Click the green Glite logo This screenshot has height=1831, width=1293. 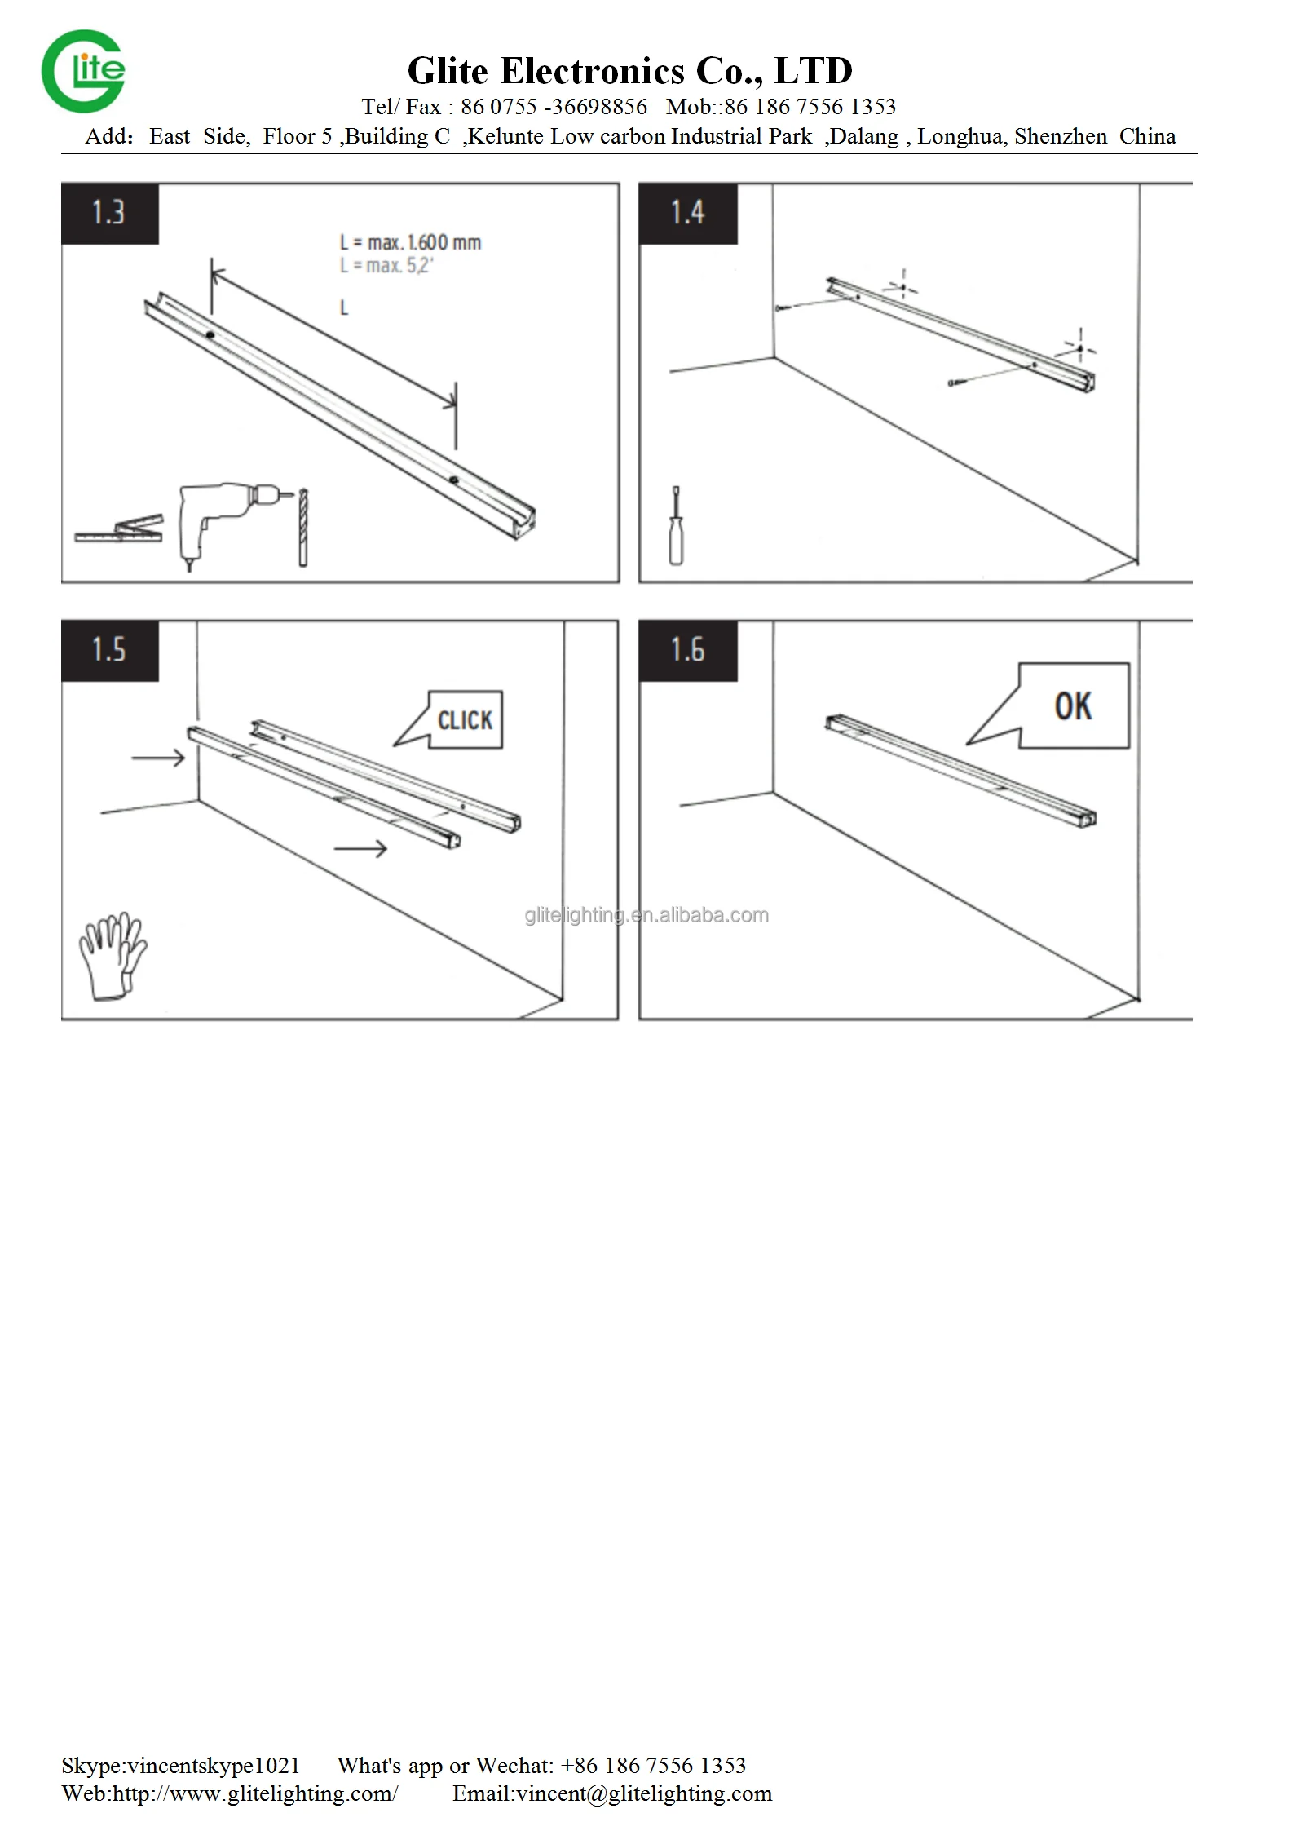[x=83, y=71]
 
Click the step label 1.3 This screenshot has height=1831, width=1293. [x=108, y=213]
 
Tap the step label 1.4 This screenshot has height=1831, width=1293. [x=687, y=213]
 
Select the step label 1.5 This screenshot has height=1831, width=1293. [x=108, y=650]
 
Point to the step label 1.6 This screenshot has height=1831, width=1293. [x=687, y=650]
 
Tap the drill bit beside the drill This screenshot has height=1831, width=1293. [x=304, y=527]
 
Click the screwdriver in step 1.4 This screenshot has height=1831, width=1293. [x=675, y=526]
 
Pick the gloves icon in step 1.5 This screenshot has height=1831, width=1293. [x=113, y=955]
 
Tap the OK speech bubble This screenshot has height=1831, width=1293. [x=1052, y=705]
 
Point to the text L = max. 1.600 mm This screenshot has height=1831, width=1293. [x=411, y=242]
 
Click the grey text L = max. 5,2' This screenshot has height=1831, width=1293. [x=386, y=265]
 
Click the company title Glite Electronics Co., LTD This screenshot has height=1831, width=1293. [x=630, y=71]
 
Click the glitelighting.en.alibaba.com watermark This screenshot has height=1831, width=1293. [x=646, y=915]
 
